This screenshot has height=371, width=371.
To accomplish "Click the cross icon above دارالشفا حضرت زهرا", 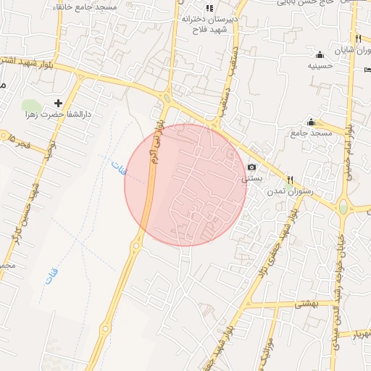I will pos(59,103).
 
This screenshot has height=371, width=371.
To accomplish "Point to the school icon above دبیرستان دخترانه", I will pos(209,9).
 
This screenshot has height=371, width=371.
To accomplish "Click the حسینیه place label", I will pos(320,66).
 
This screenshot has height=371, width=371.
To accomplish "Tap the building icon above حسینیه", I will pos(320,54).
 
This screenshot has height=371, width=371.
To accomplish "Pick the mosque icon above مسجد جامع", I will pos(312,122).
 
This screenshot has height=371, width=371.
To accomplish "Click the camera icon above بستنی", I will pos(252,167).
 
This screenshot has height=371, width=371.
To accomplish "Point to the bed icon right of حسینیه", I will pos(366,70).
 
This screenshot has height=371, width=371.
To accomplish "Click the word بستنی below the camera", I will pos(248,178).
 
